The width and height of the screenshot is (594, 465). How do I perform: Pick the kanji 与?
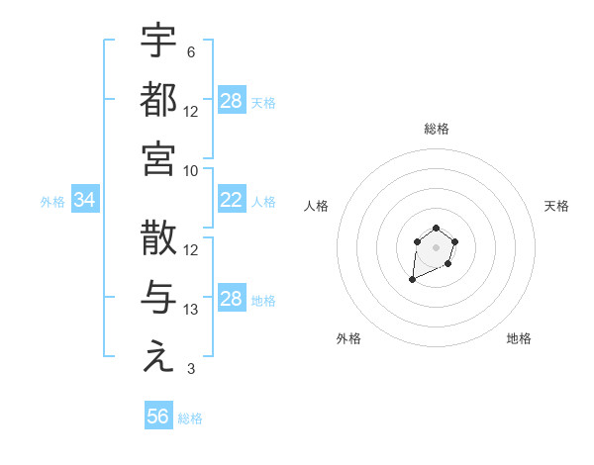pyautogui.click(x=158, y=299)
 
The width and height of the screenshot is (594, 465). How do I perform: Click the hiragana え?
pyautogui.click(x=158, y=358)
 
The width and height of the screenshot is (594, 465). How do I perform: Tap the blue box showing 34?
pyautogui.click(x=85, y=201)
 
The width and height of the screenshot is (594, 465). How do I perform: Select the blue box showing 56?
pyautogui.click(x=158, y=417)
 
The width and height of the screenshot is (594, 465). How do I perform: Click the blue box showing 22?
pyautogui.click(x=232, y=201)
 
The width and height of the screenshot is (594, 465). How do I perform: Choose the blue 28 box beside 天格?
pyautogui.click(x=232, y=101)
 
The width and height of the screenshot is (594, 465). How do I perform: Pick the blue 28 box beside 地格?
pyautogui.click(x=232, y=299)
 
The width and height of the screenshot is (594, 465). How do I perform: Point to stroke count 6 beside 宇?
pyautogui.click(x=190, y=51)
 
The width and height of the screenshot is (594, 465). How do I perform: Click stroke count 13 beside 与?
pyautogui.click(x=191, y=310)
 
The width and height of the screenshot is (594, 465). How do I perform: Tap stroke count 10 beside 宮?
pyautogui.click(x=191, y=170)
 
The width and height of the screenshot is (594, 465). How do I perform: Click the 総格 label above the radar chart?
pyautogui.click(x=437, y=129)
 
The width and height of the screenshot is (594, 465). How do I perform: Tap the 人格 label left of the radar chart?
pyautogui.click(x=317, y=206)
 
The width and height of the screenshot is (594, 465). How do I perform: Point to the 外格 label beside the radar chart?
pyautogui.click(x=348, y=338)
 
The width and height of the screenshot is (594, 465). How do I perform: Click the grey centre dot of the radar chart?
pyautogui.click(x=436, y=247)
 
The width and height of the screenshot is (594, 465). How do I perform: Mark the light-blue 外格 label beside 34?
pyautogui.click(x=52, y=202)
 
